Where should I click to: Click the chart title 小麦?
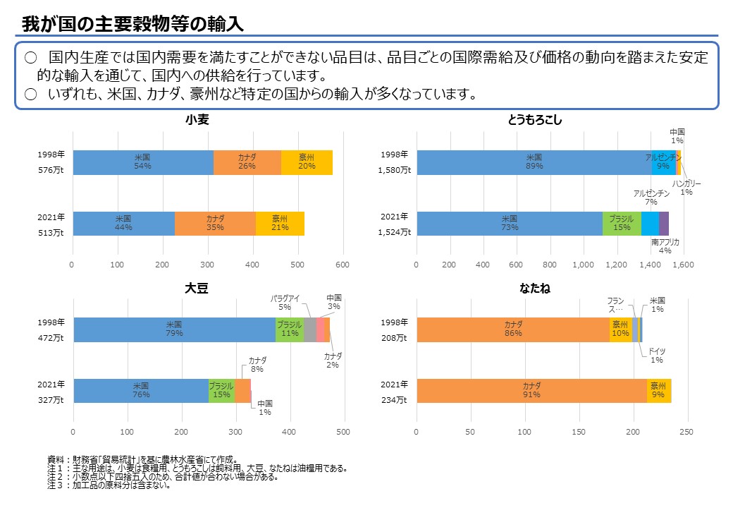click(197, 120)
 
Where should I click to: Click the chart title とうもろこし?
click(535, 120)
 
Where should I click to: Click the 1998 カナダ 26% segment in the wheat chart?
click(247, 162)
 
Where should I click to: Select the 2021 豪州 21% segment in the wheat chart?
click(280, 223)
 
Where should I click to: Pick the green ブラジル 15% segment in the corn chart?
click(622, 223)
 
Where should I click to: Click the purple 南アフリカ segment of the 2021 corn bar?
click(664, 223)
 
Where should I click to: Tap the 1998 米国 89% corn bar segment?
click(534, 162)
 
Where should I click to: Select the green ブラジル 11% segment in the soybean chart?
click(290, 329)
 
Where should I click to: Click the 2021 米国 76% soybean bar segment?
click(141, 390)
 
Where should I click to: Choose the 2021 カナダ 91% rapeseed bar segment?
click(531, 390)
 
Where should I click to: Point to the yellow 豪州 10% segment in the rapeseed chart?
click(620, 329)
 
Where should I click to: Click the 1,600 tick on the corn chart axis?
click(683, 265)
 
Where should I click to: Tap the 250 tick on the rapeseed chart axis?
click(686, 432)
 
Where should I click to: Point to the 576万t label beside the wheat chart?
click(52, 171)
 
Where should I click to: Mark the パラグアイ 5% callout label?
click(285, 303)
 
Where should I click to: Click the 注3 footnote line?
click(109, 486)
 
